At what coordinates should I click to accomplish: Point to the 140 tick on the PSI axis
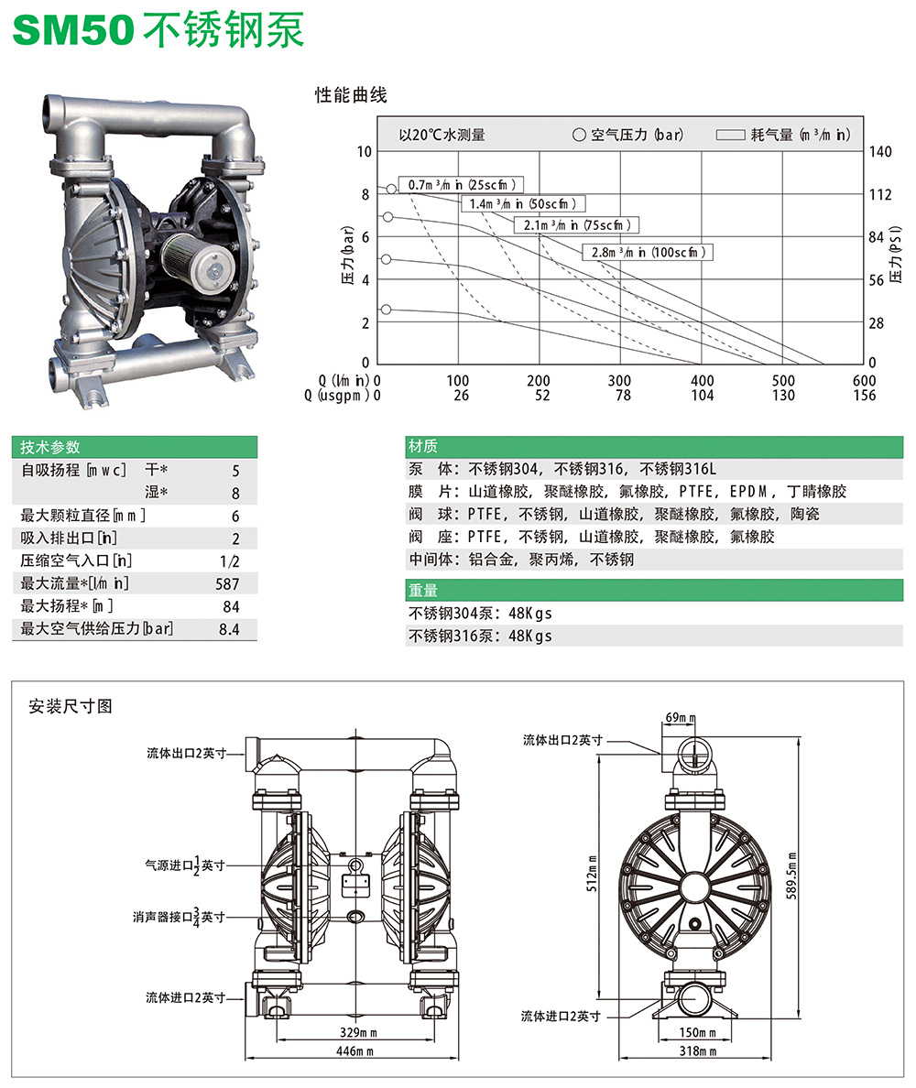click(x=879, y=151)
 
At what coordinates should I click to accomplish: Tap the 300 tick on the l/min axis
click(x=620, y=381)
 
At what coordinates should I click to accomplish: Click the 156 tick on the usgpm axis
click(x=864, y=396)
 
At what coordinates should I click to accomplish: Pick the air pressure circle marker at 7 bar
click(x=387, y=217)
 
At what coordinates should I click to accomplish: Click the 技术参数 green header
click(x=50, y=447)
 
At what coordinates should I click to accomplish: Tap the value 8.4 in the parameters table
click(x=228, y=629)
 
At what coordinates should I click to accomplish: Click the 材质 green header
click(x=422, y=447)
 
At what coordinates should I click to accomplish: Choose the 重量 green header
click(x=422, y=591)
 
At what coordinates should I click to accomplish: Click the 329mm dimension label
click(x=353, y=1032)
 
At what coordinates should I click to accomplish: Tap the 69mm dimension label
click(x=682, y=718)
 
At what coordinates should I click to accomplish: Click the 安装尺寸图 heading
click(x=71, y=706)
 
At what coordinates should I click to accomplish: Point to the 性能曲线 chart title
click(x=351, y=94)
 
